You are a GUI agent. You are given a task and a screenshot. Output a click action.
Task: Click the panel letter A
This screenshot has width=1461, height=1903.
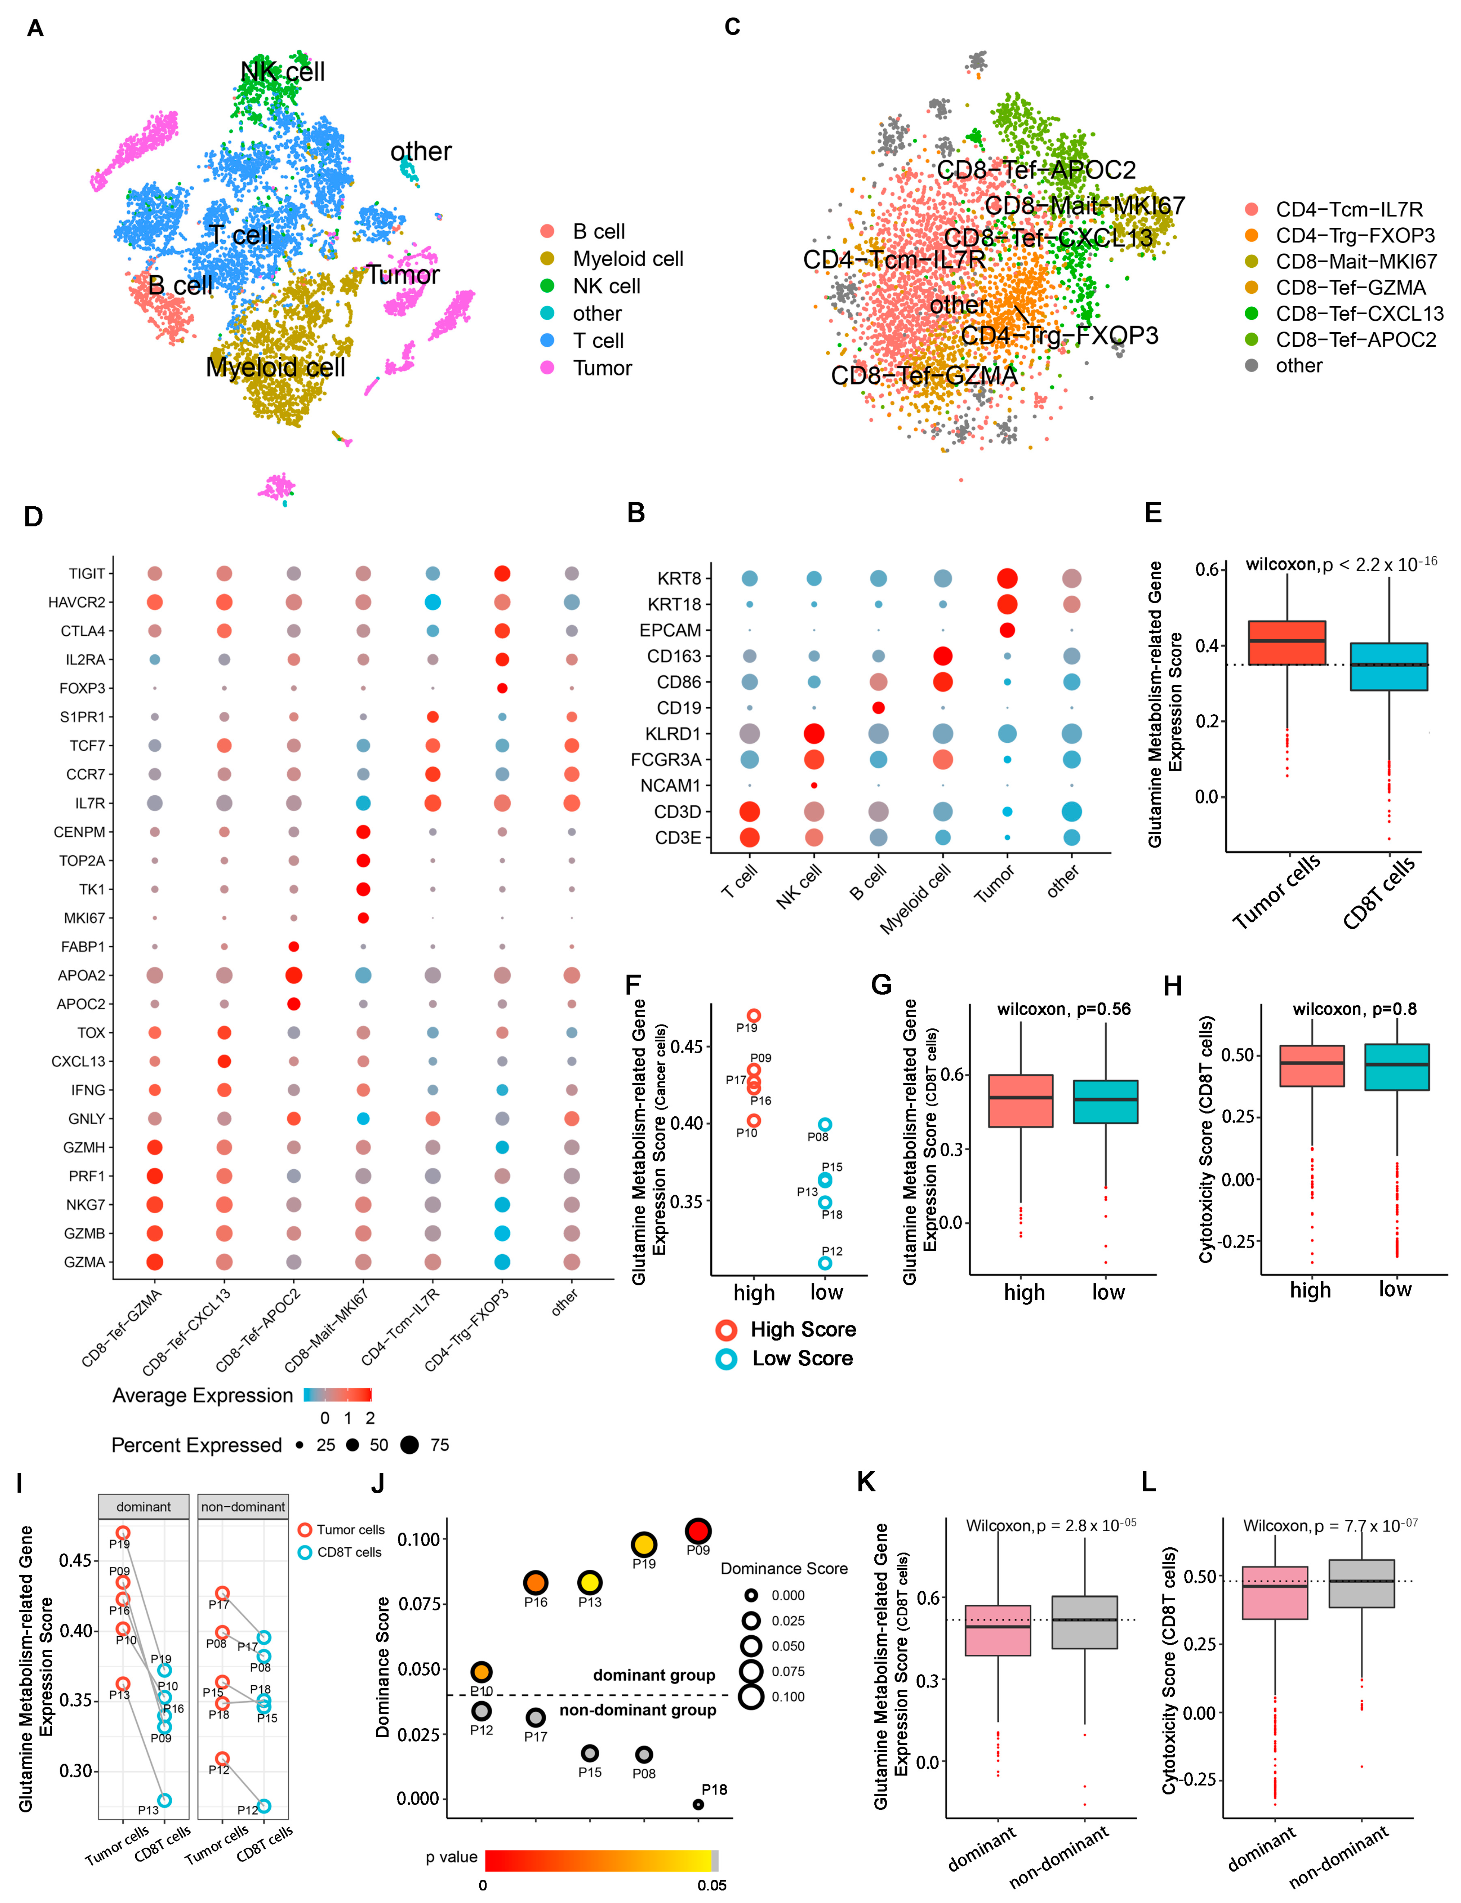click(x=35, y=29)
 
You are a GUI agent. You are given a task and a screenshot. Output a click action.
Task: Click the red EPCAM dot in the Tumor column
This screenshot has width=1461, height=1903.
click(x=1007, y=630)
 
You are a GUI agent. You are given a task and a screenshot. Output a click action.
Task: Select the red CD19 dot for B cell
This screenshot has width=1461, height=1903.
click(x=878, y=708)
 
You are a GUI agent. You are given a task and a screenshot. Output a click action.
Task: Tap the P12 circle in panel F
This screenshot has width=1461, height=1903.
click(x=825, y=1263)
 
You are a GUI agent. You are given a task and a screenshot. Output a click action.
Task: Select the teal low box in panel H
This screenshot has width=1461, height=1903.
click(x=1397, y=1067)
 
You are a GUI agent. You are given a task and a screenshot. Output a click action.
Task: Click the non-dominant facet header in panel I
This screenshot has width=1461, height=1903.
click(x=243, y=1506)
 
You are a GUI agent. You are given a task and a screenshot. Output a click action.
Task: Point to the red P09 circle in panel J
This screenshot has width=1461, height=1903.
click(x=698, y=1531)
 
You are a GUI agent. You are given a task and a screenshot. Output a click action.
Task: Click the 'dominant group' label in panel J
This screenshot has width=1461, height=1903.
click(x=654, y=1675)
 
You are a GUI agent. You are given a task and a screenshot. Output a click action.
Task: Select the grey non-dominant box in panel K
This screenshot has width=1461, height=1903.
click(x=1085, y=1622)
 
